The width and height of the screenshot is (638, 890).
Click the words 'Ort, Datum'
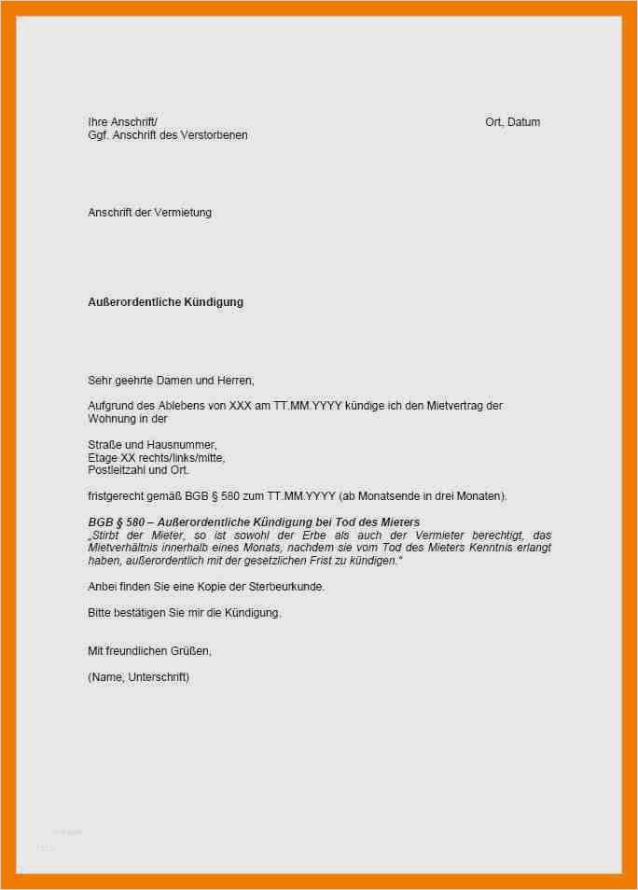click(512, 122)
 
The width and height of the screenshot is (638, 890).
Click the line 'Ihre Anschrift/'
click(122, 122)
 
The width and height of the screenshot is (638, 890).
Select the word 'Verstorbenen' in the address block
click(215, 135)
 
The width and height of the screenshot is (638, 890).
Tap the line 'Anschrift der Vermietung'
click(149, 213)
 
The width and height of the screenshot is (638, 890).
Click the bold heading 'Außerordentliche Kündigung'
click(165, 302)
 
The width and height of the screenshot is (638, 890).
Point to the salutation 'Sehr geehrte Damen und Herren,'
click(171, 380)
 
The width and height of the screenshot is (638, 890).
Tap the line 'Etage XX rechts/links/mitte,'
click(156, 458)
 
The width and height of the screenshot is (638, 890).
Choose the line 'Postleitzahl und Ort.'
click(138, 470)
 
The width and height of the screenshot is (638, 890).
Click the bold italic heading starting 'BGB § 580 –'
click(254, 521)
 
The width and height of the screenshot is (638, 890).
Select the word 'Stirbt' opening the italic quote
click(105, 535)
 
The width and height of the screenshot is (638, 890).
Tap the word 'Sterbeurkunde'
click(288, 586)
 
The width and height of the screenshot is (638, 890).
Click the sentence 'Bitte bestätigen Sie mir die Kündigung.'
click(184, 612)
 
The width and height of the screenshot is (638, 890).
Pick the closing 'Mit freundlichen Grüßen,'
click(156, 650)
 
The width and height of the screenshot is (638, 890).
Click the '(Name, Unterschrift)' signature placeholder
click(138, 676)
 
